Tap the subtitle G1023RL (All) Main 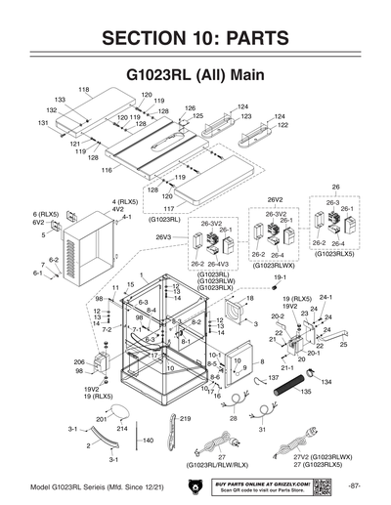tap(195, 74)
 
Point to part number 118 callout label tap(83, 90)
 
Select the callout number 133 tap(60, 101)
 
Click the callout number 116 tap(107, 169)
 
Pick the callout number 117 tap(168, 208)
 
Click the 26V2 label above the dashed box tap(275, 199)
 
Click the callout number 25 tap(343, 344)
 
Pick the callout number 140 tap(148, 441)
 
